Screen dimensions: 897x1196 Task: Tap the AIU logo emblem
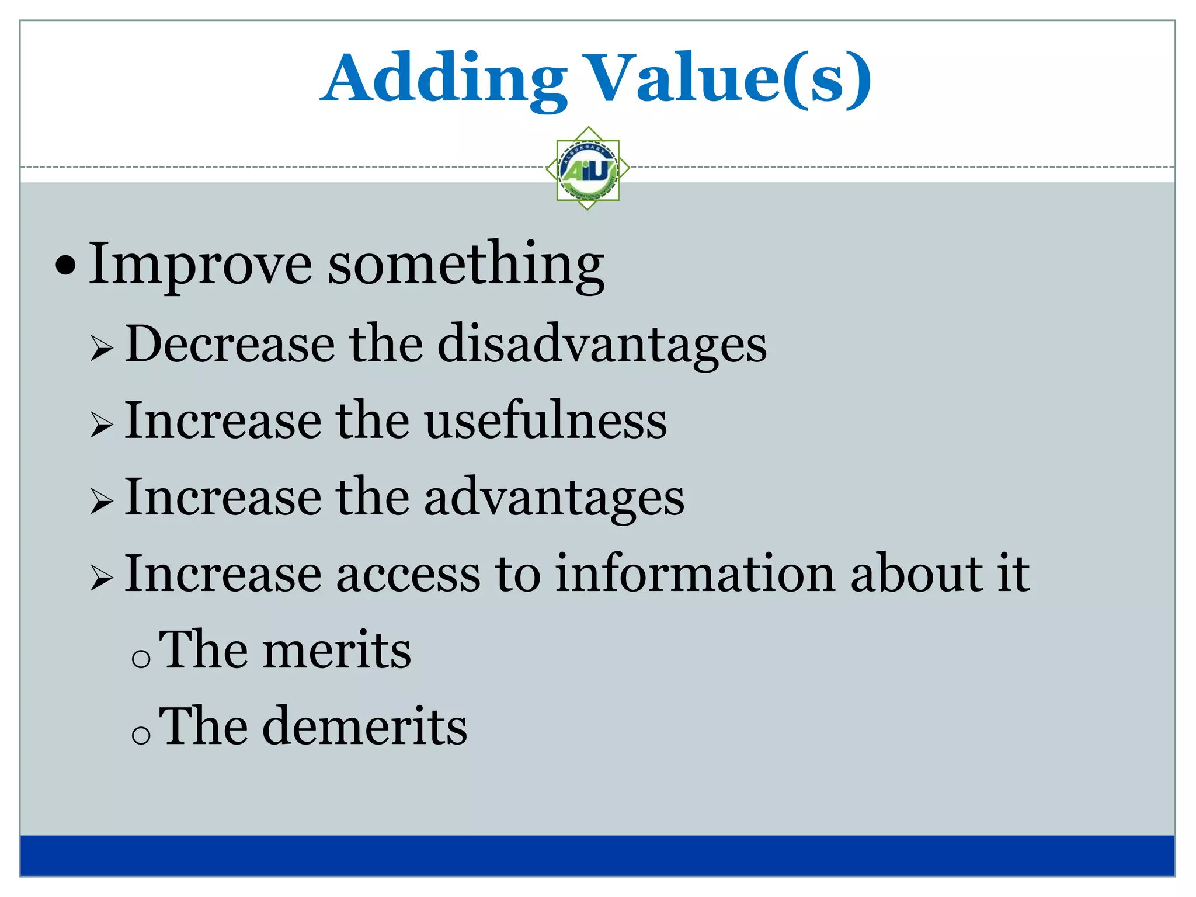(x=587, y=169)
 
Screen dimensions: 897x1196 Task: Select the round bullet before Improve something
(x=65, y=266)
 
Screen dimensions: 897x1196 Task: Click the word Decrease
(x=230, y=345)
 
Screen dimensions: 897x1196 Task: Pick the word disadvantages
(x=602, y=345)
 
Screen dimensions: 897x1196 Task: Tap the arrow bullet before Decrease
(x=102, y=350)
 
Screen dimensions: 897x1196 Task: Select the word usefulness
(x=545, y=421)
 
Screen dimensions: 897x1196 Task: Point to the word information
(x=694, y=575)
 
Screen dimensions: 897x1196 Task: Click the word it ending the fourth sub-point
(x=1013, y=575)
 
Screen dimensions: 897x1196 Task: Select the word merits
(x=336, y=651)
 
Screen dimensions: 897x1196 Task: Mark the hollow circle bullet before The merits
(x=141, y=659)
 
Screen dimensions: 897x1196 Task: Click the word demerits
(x=364, y=726)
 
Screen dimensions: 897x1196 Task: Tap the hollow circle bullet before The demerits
(x=141, y=735)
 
